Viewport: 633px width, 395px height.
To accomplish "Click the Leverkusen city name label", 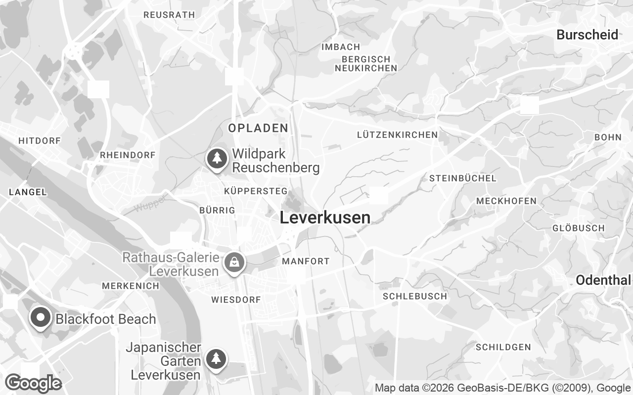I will [x=325, y=218].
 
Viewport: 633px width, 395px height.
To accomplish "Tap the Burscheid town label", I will [x=587, y=35].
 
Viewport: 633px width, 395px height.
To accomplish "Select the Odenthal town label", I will [x=603, y=280].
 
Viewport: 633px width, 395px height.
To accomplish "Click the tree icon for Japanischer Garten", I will [x=216, y=358].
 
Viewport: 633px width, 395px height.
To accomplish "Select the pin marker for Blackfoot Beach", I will [x=41, y=317].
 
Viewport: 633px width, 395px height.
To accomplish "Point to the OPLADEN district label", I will [x=258, y=128].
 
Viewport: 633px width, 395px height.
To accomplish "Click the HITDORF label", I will [x=40, y=141].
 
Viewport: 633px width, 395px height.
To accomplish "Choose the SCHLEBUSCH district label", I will [x=415, y=296].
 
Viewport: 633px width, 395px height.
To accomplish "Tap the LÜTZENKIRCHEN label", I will [x=397, y=135].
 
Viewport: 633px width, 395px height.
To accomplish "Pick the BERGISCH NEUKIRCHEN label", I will [x=365, y=64].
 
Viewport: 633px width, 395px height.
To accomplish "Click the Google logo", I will [x=33, y=383].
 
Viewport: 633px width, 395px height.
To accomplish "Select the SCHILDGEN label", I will [x=503, y=347].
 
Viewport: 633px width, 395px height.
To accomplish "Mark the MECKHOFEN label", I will [x=506, y=201].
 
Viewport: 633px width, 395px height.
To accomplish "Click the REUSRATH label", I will [x=169, y=15].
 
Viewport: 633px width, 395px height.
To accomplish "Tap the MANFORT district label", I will [x=306, y=261].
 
